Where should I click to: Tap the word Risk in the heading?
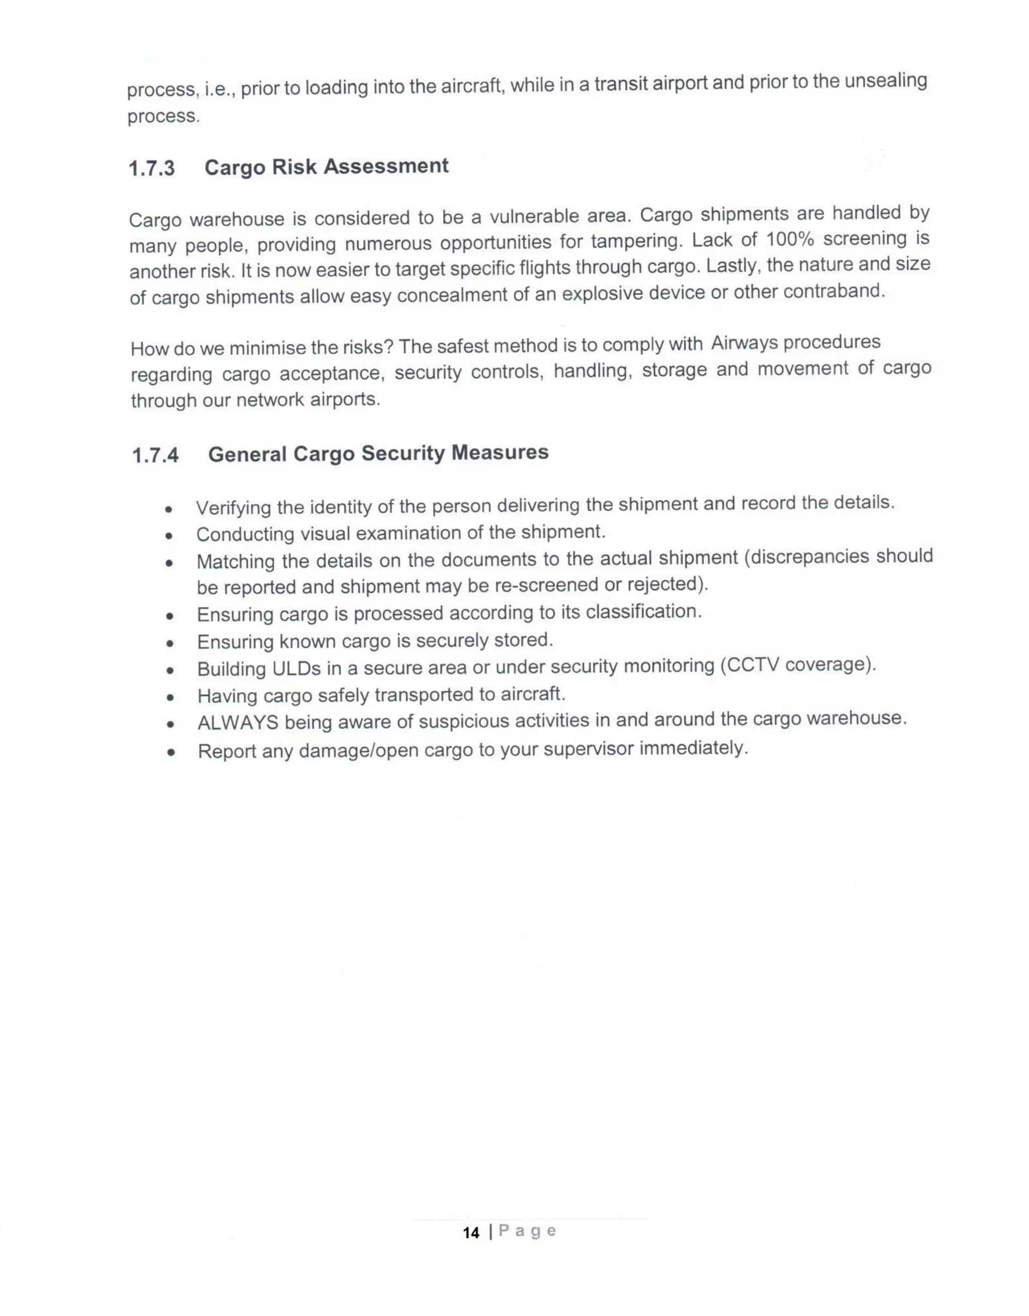[x=293, y=167]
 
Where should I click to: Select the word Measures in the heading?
[x=500, y=452]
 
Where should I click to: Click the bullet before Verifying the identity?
[x=169, y=510]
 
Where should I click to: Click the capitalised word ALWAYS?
[x=238, y=722]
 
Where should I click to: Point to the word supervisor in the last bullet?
[x=588, y=749]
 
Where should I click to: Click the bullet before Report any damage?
[x=171, y=752]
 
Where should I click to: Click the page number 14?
[x=471, y=1233]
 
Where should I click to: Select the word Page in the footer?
[x=527, y=1231]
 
